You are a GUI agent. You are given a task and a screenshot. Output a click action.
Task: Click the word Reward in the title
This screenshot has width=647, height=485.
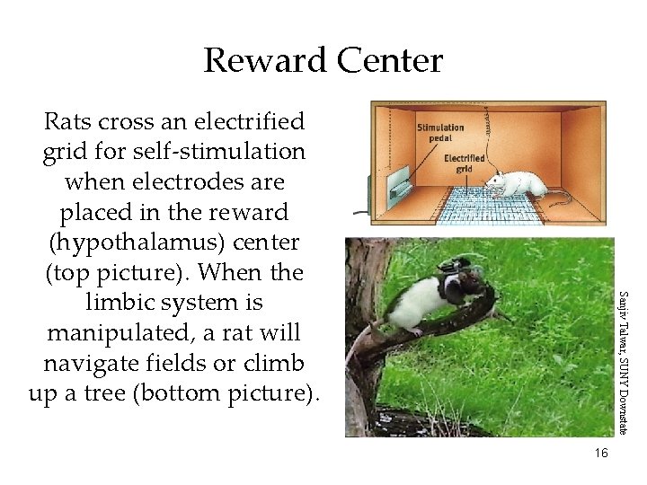coord(266,61)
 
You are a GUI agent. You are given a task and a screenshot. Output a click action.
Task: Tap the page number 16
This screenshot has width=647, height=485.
coord(600,453)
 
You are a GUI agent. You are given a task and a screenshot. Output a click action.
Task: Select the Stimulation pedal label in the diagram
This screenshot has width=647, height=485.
coord(439,134)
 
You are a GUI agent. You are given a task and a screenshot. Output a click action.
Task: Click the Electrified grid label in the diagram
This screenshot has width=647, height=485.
coord(465,163)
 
